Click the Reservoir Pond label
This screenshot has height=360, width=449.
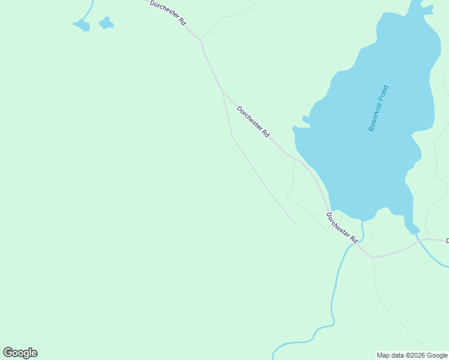pos(379,109)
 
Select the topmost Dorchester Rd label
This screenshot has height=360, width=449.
pos(167,12)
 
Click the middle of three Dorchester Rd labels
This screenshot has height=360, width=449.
pos(253,122)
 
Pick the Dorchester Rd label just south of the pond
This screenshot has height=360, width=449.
pos(342,227)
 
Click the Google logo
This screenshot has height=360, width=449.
pos(20,353)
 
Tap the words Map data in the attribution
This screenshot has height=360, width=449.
pos(391,356)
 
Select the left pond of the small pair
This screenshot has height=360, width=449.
pos(82,25)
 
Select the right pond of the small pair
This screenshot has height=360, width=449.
pos(106,23)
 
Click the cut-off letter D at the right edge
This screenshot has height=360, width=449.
pos(447,241)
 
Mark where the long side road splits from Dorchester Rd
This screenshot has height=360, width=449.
pos(223,92)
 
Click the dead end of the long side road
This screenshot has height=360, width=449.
pos(297,225)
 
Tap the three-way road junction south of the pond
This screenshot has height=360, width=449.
pos(373,257)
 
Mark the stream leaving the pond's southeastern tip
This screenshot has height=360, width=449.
pos(420,240)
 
